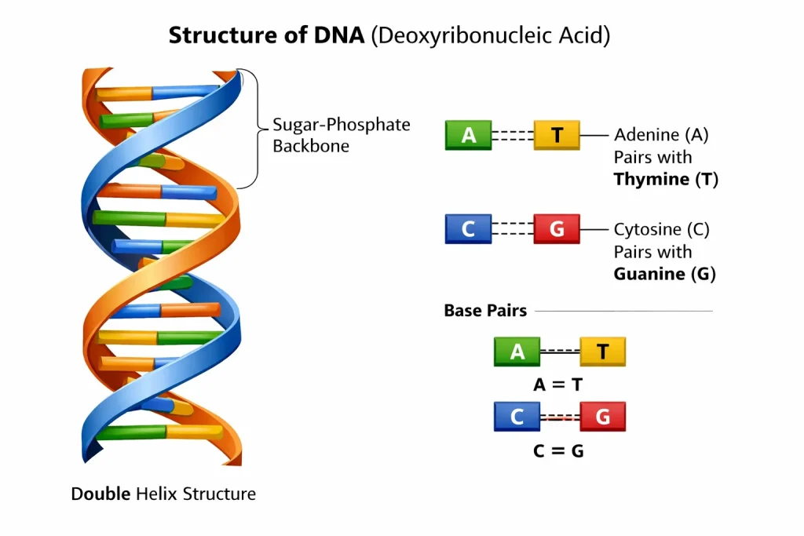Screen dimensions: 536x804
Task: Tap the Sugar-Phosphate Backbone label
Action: coord(341,135)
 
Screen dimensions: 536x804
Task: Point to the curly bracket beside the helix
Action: coord(250,129)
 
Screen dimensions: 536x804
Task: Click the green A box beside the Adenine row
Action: coord(468,135)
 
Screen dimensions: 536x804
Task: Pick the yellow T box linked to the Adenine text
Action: coord(557,135)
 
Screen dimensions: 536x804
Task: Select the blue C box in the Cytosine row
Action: coord(468,228)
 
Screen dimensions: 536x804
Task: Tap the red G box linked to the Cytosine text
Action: coord(557,228)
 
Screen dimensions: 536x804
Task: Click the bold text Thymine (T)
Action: coord(665,179)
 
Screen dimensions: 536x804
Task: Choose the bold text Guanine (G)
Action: coord(664,274)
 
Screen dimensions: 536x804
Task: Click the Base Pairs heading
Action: coord(485,311)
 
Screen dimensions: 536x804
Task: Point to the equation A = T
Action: coord(558,385)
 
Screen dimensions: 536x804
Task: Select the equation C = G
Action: coord(558,451)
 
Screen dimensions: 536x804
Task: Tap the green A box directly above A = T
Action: coord(517,352)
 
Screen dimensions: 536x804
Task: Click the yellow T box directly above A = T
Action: coord(602,352)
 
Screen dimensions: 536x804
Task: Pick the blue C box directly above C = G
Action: coord(517,417)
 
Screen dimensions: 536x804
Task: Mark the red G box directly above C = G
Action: coord(602,417)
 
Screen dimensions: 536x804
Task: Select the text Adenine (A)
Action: coord(661,135)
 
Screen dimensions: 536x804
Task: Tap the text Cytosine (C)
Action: coord(661,230)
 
